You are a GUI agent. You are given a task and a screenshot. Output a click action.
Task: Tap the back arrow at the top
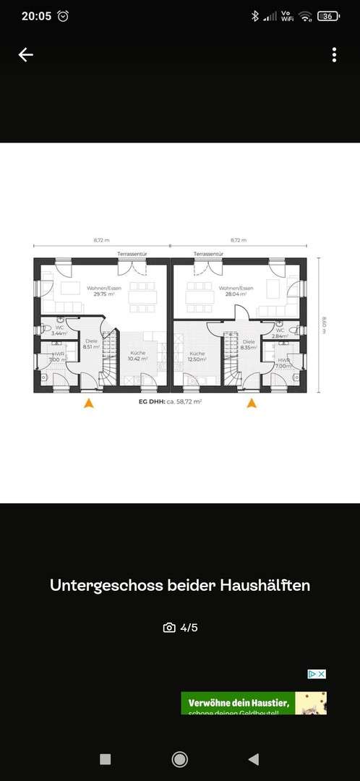point(26,55)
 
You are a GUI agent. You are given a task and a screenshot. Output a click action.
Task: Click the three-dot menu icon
point(334,55)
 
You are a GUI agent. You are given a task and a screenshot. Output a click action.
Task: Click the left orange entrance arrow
point(89,404)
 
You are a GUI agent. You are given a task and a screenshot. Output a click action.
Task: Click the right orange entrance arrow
point(252,404)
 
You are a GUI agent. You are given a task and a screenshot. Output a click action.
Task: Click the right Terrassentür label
point(208,255)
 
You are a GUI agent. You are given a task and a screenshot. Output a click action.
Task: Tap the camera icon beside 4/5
point(169,628)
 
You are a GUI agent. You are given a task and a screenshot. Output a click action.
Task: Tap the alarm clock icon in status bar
point(63,16)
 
